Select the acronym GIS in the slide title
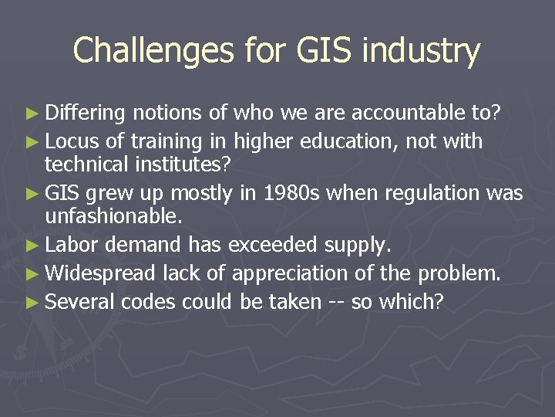[314, 51]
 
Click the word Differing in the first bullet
[85, 114]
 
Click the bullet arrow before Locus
[36, 141]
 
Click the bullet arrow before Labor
[36, 246]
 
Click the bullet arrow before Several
[36, 301]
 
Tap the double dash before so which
[335, 301]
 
